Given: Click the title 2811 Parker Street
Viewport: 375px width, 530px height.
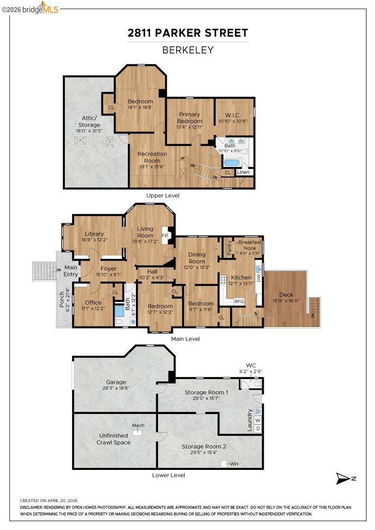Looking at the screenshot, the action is point(187,33).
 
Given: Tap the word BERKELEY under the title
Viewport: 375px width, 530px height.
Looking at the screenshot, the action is point(187,50).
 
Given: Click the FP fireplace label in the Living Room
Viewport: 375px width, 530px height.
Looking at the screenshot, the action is point(165,236).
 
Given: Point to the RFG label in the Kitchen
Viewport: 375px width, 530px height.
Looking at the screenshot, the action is point(239,301).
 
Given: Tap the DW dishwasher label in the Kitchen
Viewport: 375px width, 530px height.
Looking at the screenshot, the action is point(259,278).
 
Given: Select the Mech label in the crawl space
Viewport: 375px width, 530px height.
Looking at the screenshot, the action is point(138,425).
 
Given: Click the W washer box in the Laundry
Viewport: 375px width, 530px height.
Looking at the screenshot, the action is point(258,421).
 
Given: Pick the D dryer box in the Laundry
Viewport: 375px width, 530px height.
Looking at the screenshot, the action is point(258,428).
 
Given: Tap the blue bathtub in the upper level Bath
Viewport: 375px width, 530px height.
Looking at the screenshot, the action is point(232,163).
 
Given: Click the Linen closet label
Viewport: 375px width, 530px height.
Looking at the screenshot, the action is point(243,172).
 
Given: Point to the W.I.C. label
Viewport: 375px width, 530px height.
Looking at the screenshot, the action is point(232,115).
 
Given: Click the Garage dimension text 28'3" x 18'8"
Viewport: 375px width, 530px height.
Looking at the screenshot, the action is point(116,388).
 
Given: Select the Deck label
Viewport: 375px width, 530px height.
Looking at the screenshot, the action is point(286,295).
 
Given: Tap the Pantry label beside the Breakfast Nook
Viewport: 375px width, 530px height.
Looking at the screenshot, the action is point(230,247).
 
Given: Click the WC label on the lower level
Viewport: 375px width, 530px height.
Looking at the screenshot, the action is point(250,365).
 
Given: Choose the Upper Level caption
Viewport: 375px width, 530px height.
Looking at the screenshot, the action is point(163,195).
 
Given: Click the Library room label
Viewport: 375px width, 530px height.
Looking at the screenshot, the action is point(94,234).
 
